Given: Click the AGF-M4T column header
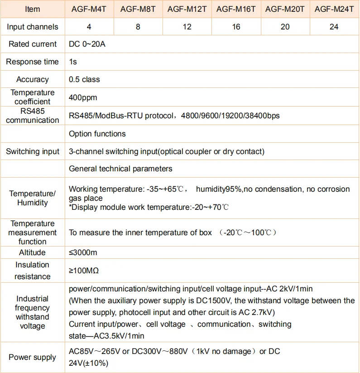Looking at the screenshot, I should [x=89, y=9].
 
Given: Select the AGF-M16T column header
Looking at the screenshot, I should [x=236, y=9].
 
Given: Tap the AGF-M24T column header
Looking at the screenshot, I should [x=334, y=9].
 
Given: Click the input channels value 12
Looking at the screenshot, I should [x=187, y=27].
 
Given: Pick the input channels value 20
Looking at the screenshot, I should [x=285, y=27].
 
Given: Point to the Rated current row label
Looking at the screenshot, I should [x=33, y=44].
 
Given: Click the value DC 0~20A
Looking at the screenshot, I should [x=87, y=44].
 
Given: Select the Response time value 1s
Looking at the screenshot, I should [x=73, y=62].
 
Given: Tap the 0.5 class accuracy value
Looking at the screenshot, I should [x=84, y=79].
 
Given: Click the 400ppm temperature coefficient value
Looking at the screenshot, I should [x=83, y=97].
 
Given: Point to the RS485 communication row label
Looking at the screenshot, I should [x=33, y=115].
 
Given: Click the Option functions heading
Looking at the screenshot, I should [x=97, y=134].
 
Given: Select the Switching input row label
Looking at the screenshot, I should [x=33, y=151].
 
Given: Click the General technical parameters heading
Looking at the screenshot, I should [x=120, y=169].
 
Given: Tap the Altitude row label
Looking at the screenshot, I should [x=33, y=252].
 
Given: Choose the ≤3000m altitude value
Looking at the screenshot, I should [x=84, y=252].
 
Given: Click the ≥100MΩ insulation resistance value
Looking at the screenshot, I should [x=84, y=271].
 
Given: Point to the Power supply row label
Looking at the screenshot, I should [x=33, y=357].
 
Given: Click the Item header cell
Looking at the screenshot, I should [x=33, y=9].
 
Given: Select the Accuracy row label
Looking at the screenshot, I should [x=33, y=79].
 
